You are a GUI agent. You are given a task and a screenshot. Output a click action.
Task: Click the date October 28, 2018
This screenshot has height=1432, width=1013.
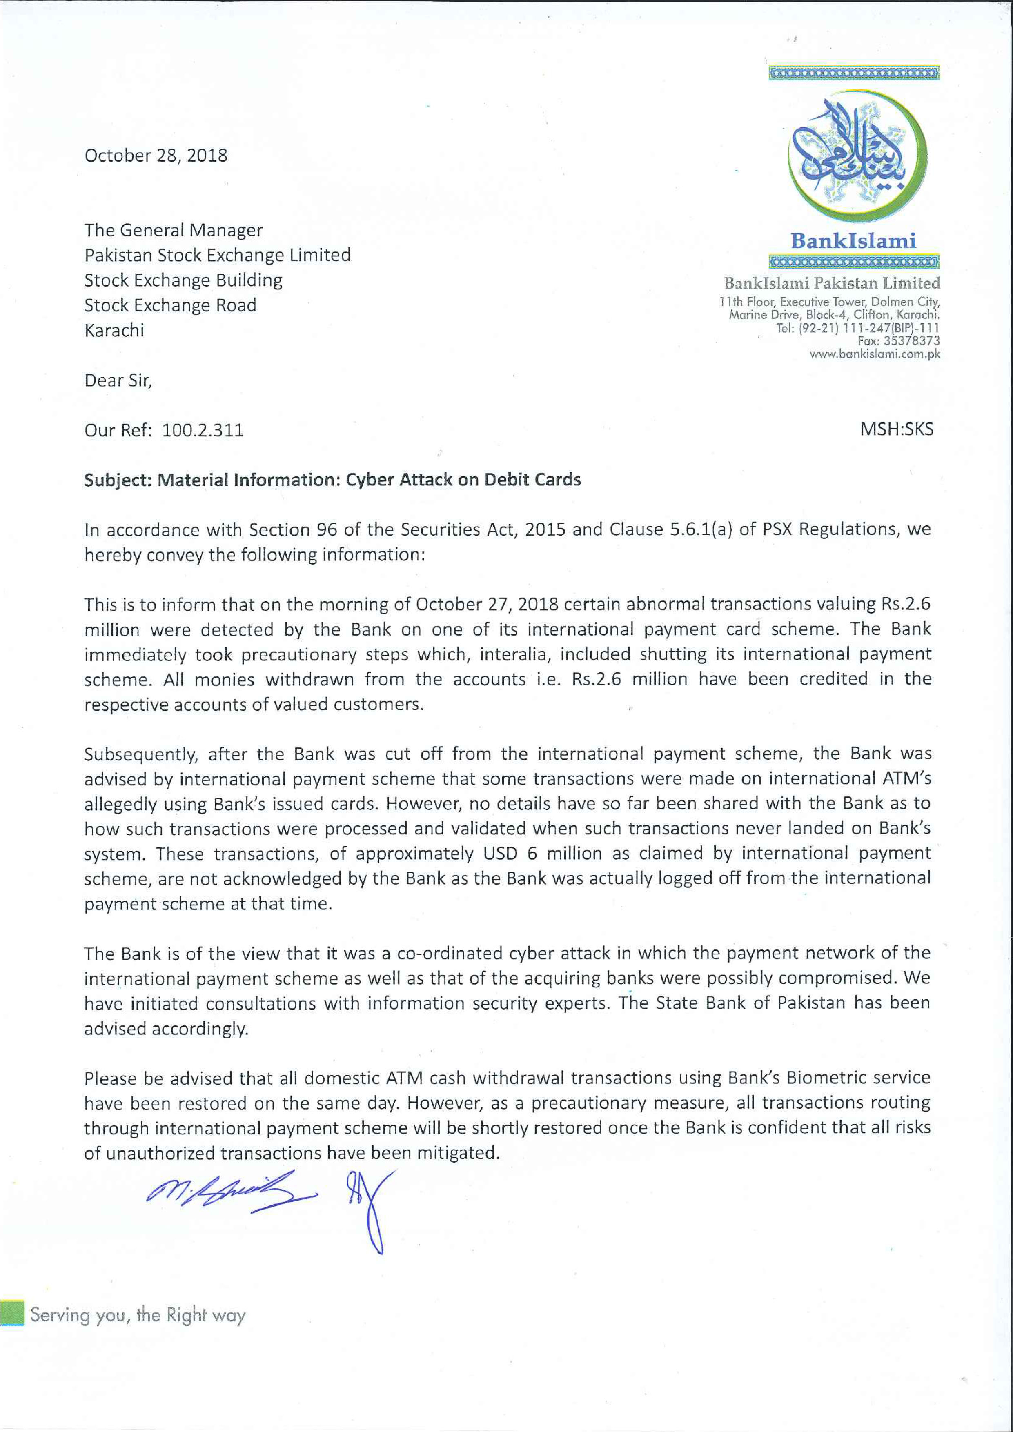(156, 155)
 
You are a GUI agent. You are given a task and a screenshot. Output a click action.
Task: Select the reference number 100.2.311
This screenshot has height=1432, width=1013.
(203, 430)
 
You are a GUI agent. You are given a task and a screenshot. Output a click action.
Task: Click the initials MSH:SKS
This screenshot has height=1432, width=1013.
(896, 429)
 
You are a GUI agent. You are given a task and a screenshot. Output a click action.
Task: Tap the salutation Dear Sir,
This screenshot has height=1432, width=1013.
(118, 380)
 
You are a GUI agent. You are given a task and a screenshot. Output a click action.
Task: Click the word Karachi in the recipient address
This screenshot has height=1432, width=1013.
(114, 330)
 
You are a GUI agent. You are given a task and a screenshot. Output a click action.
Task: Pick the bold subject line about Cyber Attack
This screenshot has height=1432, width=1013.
(332, 480)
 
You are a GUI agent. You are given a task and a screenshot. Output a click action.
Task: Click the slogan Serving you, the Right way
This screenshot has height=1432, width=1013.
(138, 1315)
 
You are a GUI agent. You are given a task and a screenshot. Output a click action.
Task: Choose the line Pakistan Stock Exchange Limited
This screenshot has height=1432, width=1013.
(217, 255)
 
